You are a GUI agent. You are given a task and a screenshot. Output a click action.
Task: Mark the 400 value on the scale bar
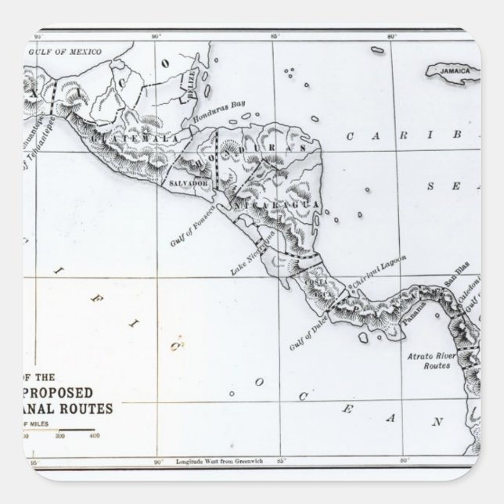(x=95, y=435)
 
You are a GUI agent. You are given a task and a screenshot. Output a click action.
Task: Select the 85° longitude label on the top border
(x=275, y=34)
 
